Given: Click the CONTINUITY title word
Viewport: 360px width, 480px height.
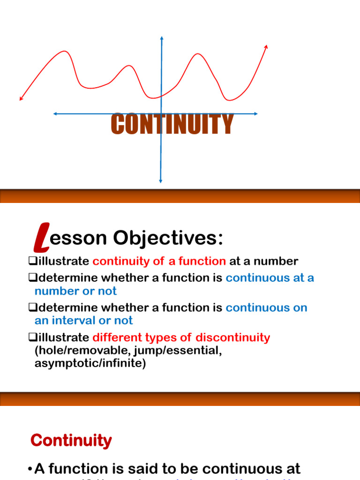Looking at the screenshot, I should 172,124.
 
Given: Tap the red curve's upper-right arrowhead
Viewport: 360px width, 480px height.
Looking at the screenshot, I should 267,46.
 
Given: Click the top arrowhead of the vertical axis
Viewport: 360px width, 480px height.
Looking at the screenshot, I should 162,38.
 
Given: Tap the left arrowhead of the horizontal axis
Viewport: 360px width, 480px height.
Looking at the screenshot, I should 55,113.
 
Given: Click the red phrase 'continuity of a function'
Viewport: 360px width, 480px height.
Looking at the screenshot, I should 159,261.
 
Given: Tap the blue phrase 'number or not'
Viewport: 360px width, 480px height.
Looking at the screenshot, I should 75,291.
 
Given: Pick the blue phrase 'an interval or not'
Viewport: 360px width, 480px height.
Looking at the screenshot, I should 83,321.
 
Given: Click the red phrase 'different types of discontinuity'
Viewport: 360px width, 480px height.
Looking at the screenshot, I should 181,337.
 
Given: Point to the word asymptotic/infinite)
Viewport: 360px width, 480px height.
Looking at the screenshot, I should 90,364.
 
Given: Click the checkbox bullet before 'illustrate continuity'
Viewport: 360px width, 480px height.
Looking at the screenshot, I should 32,261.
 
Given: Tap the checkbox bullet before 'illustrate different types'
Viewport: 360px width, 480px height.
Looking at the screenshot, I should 32,337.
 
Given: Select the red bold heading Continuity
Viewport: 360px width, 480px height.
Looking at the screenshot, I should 71,441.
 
